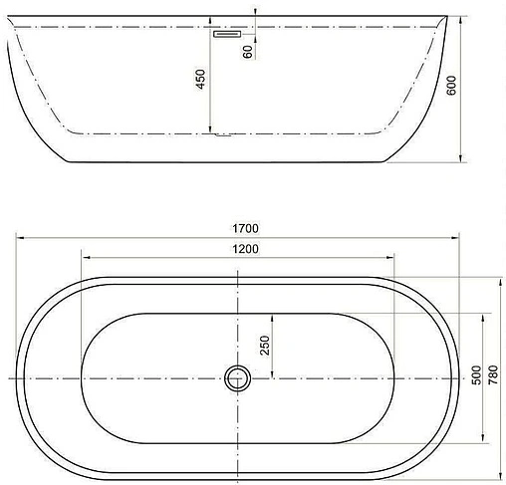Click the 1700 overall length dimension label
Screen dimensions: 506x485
245,228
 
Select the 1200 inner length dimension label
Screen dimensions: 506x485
245,249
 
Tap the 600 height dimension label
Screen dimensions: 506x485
451,86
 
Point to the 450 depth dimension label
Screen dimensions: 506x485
201,79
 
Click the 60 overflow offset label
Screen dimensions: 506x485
248,52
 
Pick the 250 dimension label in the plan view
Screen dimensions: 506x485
265,346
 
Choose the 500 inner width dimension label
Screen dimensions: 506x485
476,374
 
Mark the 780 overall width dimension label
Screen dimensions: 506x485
493,374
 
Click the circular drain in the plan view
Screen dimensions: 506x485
238,378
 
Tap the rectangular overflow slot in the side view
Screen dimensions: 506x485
227,34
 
